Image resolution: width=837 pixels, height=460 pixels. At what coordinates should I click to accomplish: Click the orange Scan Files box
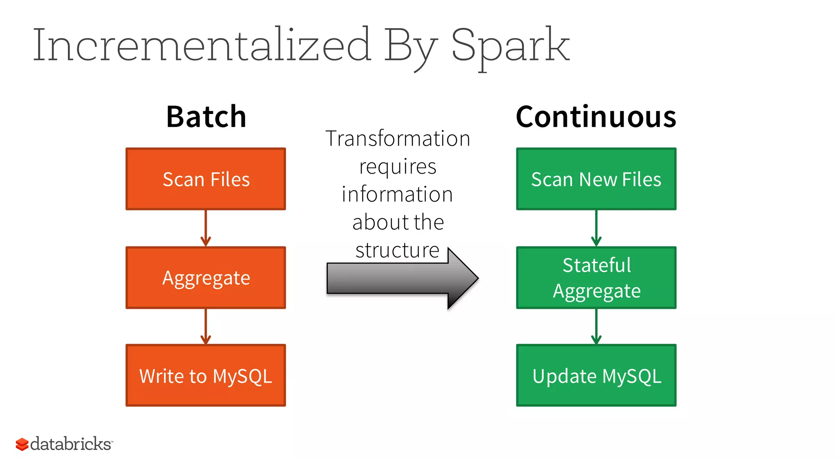pos(206,179)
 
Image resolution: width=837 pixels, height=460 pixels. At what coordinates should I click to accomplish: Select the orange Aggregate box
pos(206,278)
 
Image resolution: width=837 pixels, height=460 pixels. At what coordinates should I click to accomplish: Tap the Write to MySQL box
pos(206,375)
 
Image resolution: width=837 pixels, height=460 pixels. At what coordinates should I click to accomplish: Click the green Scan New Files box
pos(596,179)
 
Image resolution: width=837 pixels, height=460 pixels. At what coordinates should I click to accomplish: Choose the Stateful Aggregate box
pos(596,278)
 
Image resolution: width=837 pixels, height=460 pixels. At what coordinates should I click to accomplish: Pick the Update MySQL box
pos(596,375)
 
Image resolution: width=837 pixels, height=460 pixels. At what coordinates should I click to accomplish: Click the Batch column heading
pos(206,117)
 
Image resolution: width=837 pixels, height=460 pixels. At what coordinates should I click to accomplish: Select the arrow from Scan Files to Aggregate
pos(206,228)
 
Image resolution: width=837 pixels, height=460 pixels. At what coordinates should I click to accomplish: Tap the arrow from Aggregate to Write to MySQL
pos(206,326)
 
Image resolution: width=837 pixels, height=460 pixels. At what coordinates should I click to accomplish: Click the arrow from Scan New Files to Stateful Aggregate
pos(596,228)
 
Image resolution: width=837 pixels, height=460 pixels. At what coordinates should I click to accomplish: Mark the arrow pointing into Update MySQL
pos(596,326)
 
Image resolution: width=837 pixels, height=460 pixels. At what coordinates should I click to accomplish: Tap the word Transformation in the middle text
pos(398,138)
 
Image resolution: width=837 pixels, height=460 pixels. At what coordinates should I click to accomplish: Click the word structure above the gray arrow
pos(397,250)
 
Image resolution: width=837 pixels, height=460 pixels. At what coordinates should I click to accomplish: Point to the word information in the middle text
pos(397,194)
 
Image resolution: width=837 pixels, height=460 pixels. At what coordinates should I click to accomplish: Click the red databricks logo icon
pos(22,444)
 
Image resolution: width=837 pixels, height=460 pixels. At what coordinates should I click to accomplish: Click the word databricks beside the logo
pos(70,444)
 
